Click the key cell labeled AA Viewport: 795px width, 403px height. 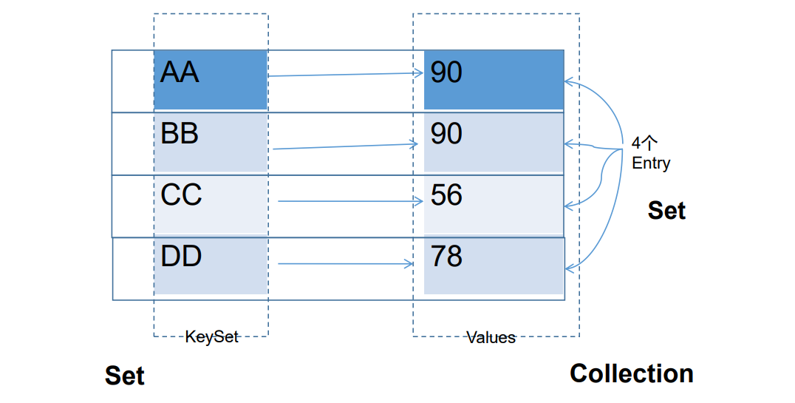point(211,80)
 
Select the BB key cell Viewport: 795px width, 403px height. point(211,142)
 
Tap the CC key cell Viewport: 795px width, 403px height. point(211,204)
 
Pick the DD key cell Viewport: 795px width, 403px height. point(211,265)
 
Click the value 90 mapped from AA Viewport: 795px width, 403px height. point(494,80)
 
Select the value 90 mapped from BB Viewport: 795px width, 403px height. point(494,142)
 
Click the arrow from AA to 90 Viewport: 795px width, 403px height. point(346,75)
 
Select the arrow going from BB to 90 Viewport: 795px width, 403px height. point(346,146)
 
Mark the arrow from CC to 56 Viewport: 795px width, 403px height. point(350,201)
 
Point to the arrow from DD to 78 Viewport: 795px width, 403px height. point(346,263)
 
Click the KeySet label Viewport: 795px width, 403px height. point(211,336)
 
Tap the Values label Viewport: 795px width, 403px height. point(491,337)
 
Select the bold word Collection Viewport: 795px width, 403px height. point(632,373)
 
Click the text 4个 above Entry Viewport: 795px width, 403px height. point(644,143)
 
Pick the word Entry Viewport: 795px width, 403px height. point(651,163)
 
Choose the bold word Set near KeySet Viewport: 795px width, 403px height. point(125,376)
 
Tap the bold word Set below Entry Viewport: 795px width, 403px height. point(666,210)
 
